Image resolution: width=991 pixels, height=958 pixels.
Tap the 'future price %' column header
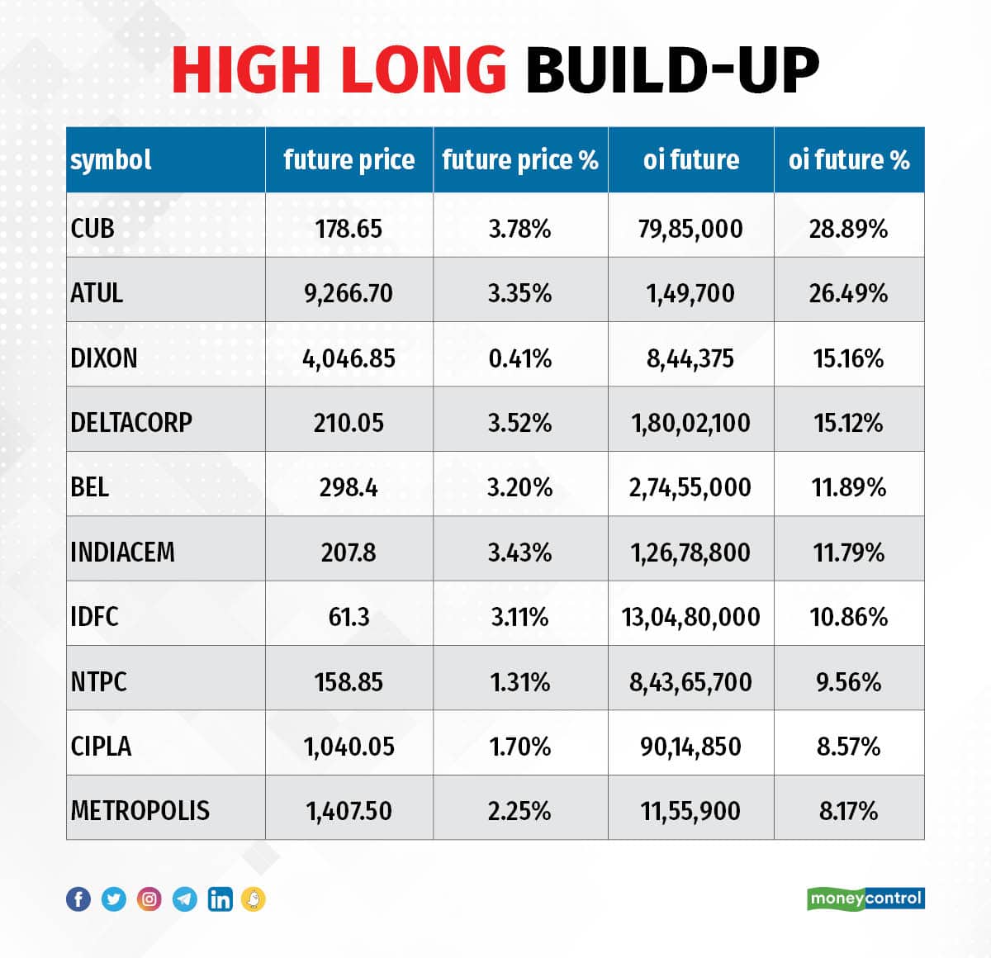pyautogui.click(x=520, y=159)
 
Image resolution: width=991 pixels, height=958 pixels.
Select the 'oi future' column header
pyautogui.click(x=691, y=159)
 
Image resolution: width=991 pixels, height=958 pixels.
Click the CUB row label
pyautogui.click(x=92, y=228)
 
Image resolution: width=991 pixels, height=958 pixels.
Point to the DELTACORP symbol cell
pyautogui.click(x=131, y=423)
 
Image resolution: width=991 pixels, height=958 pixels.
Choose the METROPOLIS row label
pyautogui.click(x=140, y=811)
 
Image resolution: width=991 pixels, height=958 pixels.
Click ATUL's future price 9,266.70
pyautogui.click(x=349, y=293)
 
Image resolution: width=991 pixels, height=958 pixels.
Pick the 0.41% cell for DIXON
pyautogui.click(x=519, y=358)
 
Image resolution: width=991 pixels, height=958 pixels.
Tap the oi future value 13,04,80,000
pyautogui.click(x=691, y=617)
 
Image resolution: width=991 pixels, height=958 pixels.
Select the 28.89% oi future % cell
pyautogui.click(x=848, y=229)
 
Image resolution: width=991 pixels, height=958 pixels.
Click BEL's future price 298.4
pyautogui.click(x=349, y=487)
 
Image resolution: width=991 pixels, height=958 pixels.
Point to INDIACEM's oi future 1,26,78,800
pyautogui.click(x=691, y=553)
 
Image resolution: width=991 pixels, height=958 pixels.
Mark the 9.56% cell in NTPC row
pyautogui.click(x=848, y=682)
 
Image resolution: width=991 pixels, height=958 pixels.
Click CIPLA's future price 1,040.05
pyautogui.click(x=349, y=747)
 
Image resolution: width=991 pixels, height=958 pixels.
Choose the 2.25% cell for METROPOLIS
pyautogui.click(x=519, y=811)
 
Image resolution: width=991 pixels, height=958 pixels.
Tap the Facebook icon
pyautogui.click(x=78, y=899)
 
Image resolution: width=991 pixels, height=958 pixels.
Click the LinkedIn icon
pyautogui.click(x=220, y=899)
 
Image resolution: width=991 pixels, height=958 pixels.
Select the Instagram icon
pyautogui.click(x=149, y=899)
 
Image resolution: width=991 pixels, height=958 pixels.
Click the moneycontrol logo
pyautogui.click(x=865, y=899)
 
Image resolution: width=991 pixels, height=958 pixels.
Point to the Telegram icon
pyautogui.click(x=185, y=899)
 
